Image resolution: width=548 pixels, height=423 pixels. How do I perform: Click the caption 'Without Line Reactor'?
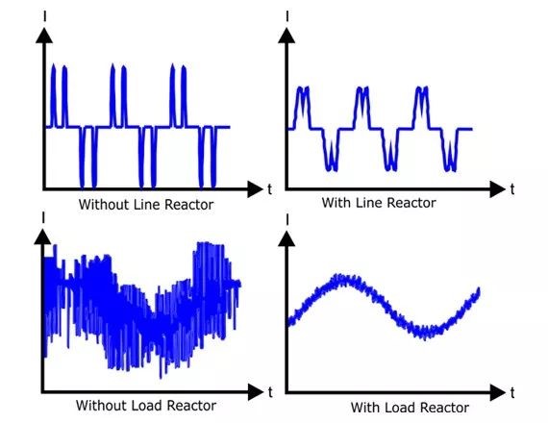(146, 205)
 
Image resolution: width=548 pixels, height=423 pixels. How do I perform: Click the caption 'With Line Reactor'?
(379, 203)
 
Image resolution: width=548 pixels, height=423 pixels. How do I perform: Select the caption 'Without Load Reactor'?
(146, 406)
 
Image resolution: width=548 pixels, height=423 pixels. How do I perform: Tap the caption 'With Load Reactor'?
(410, 408)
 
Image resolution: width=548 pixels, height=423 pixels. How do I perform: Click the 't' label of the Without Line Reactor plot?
(269, 189)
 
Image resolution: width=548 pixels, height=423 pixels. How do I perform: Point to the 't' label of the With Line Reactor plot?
(512, 189)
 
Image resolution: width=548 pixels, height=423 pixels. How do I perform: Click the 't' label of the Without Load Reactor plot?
(270, 392)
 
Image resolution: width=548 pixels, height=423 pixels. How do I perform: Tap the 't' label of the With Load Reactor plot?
(512, 393)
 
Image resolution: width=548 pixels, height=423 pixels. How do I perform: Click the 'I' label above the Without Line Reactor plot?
(45, 15)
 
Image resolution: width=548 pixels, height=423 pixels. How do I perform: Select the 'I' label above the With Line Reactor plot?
(286, 15)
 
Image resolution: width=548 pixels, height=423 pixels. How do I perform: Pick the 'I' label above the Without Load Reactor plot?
(43, 217)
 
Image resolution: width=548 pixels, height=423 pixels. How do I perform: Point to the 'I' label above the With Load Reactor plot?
(286, 219)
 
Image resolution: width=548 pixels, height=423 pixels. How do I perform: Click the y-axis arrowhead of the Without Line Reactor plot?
(44, 36)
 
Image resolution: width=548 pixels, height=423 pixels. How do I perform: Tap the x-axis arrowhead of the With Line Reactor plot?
(498, 189)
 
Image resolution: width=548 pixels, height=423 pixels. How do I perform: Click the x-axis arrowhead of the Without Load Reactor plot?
(256, 392)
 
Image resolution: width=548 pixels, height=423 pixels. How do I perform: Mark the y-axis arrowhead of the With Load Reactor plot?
(286, 239)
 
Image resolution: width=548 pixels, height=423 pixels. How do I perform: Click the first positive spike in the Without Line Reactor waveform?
(53, 94)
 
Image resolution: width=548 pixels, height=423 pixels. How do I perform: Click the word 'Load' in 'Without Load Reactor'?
(146, 406)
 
